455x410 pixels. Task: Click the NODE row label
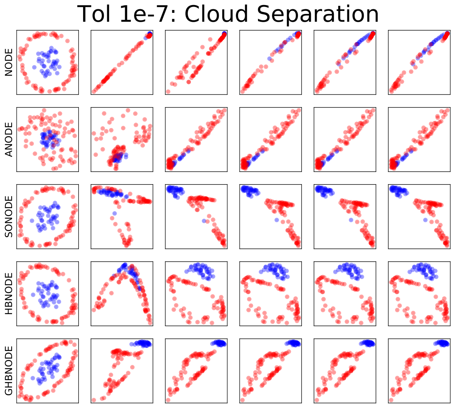[9, 63]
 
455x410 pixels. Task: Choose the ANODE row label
[9, 139]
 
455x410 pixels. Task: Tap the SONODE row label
[9, 217]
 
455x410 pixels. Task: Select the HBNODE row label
[9, 294]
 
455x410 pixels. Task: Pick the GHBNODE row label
[9, 370]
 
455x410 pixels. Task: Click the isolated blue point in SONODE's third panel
[204, 221]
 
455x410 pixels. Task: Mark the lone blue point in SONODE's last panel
[425, 220]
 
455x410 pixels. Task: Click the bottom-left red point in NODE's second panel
[94, 92]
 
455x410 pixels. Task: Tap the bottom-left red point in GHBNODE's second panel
[94, 400]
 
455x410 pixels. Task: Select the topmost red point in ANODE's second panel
[128, 110]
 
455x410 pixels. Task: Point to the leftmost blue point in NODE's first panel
[35, 67]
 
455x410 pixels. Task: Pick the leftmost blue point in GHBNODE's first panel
[33, 378]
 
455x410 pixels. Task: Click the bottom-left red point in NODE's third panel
[168, 92]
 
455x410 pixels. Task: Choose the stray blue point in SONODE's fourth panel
[277, 220]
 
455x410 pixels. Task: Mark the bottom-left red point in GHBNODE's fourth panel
[242, 400]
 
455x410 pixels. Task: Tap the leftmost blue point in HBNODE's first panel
[33, 295]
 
